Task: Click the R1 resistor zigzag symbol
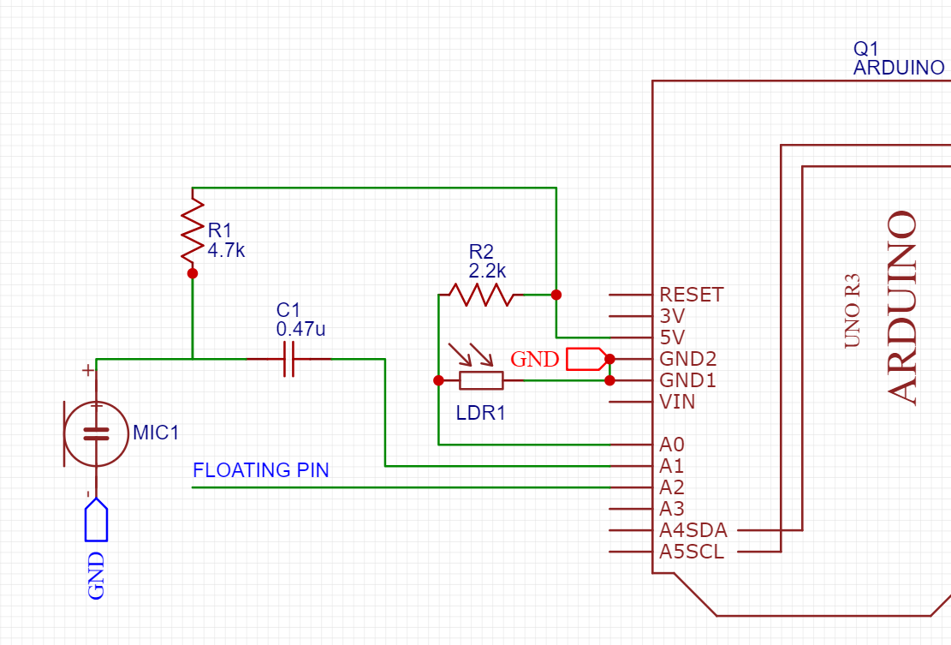click(193, 230)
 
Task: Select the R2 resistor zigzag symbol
click(480, 295)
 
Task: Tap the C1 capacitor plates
click(288, 359)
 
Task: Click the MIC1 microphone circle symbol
click(96, 434)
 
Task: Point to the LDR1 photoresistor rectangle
click(480, 380)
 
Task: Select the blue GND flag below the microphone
click(96, 522)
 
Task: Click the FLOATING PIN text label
click(260, 470)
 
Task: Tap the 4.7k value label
click(226, 250)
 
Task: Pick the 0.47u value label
click(300, 328)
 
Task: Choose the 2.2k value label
click(487, 271)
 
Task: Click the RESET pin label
click(692, 295)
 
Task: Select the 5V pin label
click(673, 337)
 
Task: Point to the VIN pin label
click(677, 402)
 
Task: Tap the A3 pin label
click(672, 510)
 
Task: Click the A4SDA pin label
click(693, 531)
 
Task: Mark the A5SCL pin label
click(692, 552)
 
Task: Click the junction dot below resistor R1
click(193, 273)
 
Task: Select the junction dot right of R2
click(556, 295)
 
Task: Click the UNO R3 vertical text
click(853, 310)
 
